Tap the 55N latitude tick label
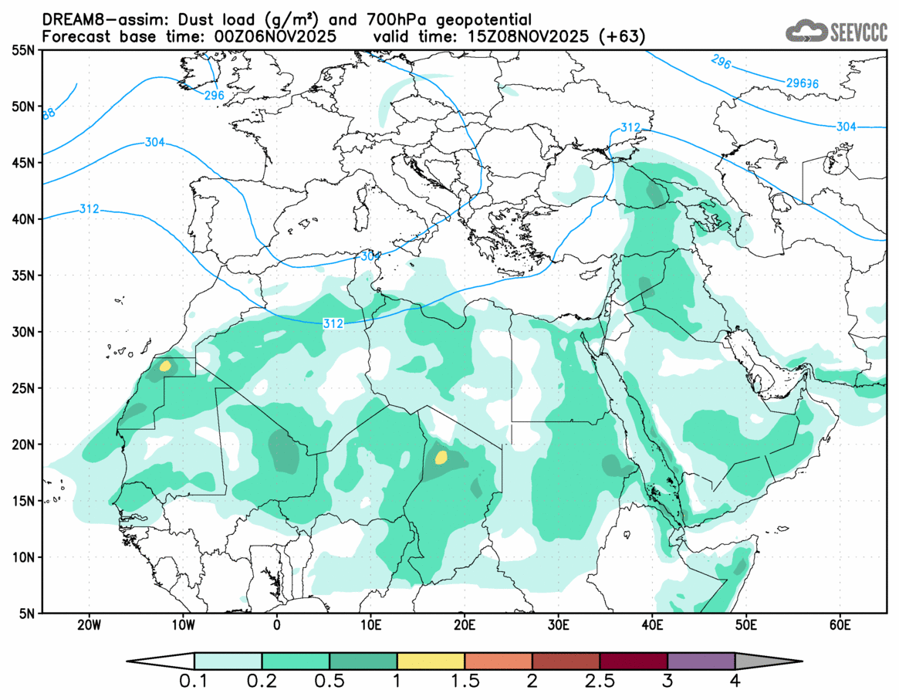(23, 50)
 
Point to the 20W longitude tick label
(90, 624)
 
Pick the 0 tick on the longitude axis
(277, 624)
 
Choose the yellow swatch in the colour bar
(431, 661)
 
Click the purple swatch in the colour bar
(701, 661)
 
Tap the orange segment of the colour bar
(498, 661)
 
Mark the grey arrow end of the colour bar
(767, 661)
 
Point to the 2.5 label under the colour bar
(600, 681)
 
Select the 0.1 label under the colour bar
(194, 681)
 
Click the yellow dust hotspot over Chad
(441, 457)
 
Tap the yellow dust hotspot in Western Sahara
(164, 366)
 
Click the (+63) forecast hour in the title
(625, 36)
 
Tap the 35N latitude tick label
(23, 276)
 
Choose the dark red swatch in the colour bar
(633, 661)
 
